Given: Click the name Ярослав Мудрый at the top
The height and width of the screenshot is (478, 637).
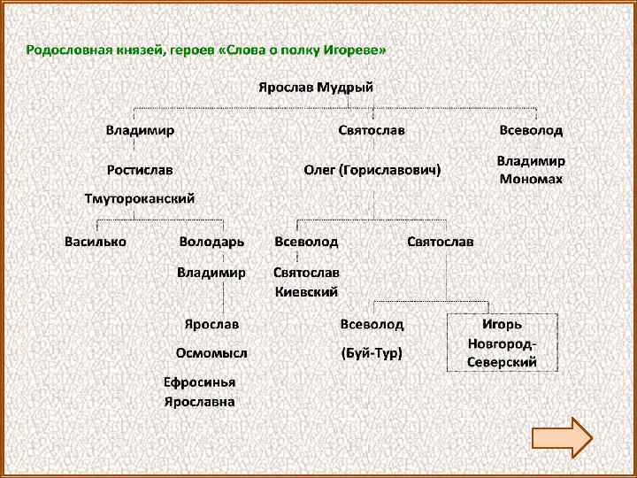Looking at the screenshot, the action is pyautogui.click(x=316, y=88).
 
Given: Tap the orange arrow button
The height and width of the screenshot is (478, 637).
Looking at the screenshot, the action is pyautogui.click(x=562, y=437).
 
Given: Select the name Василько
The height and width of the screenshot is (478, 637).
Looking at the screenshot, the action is pyautogui.click(x=96, y=241).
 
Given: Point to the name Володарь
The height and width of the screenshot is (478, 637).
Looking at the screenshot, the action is pyautogui.click(x=211, y=241).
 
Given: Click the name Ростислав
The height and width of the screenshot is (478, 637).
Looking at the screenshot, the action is pyautogui.click(x=140, y=169).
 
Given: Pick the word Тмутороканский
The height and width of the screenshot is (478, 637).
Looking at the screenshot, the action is pyautogui.click(x=140, y=198).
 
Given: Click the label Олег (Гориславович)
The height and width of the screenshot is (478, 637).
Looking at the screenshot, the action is pyautogui.click(x=372, y=169).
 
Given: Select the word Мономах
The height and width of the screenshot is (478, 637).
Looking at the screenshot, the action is pyautogui.click(x=531, y=178).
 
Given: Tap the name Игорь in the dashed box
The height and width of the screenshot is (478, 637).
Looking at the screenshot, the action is pyautogui.click(x=502, y=325).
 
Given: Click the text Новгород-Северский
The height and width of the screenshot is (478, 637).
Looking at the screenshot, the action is pyautogui.click(x=503, y=353).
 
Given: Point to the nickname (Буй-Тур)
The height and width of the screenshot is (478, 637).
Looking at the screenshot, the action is pyautogui.click(x=372, y=353).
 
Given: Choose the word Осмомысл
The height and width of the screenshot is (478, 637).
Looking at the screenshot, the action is pyautogui.click(x=211, y=353).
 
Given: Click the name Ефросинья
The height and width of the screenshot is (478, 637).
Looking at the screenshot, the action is pyautogui.click(x=200, y=382).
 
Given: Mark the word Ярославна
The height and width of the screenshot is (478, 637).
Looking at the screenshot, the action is pyautogui.click(x=200, y=401).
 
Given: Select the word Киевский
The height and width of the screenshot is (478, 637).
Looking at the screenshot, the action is pyautogui.click(x=306, y=291).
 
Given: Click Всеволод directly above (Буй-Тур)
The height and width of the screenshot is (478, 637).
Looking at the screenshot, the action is pyautogui.click(x=372, y=325).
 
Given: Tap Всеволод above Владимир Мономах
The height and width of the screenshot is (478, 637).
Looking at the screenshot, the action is pyautogui.click(x=531, y=130).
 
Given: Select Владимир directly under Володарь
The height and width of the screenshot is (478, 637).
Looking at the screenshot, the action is pyautogui.click(x=211, y=272).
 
